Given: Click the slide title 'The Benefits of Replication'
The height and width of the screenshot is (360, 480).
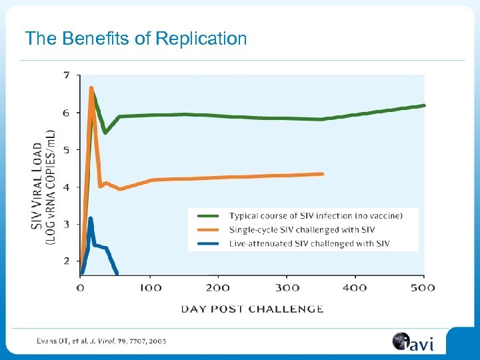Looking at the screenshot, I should [x=136, y=39].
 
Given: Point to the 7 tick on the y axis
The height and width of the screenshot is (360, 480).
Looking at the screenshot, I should [x=66, y=75].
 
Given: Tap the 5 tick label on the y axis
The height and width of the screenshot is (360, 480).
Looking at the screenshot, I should [x=66, y=150].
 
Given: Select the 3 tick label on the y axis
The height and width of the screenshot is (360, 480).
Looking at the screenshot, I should [x=66, y=224].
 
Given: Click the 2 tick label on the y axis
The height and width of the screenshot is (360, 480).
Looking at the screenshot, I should [x=66, y=261].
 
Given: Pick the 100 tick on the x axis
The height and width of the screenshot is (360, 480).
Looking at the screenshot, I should [x=151, y=287].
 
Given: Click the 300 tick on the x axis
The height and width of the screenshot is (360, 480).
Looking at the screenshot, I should [x=287, y=287].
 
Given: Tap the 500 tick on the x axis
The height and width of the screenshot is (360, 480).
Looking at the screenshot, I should [x=423, y=287].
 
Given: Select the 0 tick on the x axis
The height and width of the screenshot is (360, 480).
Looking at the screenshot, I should [x=81, y=287].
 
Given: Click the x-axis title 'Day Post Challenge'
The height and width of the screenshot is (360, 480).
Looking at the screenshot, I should [x=252, y=309].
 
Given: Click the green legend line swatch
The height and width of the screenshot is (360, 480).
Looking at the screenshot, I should [x=206, y=216].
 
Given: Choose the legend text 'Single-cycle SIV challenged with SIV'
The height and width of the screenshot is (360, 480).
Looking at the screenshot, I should [x=302, y=230].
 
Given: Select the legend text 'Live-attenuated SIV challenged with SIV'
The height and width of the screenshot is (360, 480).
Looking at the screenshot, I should [x=309, y=243].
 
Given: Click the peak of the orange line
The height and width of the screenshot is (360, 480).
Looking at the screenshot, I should [x=91, y=88].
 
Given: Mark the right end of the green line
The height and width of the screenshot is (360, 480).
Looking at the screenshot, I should [x=424, y=105].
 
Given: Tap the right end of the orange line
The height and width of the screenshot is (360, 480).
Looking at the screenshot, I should [x=323, y=174].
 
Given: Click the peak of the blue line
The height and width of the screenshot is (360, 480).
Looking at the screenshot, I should [x=91, y=219].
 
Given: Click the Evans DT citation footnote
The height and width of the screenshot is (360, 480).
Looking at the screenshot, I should [x=102, y=341].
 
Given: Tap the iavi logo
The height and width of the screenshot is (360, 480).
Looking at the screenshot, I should [x=413, y=343].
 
